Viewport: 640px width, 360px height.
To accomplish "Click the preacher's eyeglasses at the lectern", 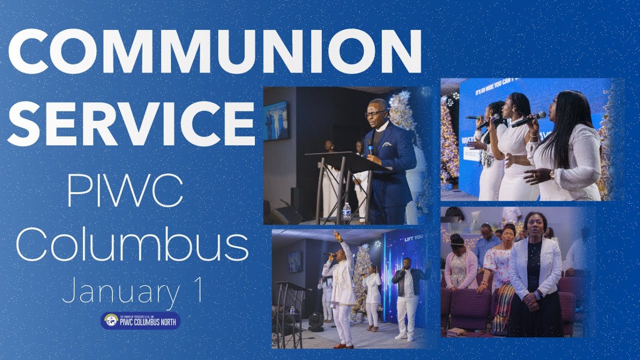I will pos(375,113).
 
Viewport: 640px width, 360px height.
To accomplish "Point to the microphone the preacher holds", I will pos(370,146).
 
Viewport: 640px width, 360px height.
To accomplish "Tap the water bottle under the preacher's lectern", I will pos(346,211).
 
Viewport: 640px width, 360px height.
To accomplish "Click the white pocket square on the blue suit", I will pos(387,144).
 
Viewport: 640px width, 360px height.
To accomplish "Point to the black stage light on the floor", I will pos(316,321).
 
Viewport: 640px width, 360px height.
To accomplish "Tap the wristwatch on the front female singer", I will pos(552,174).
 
